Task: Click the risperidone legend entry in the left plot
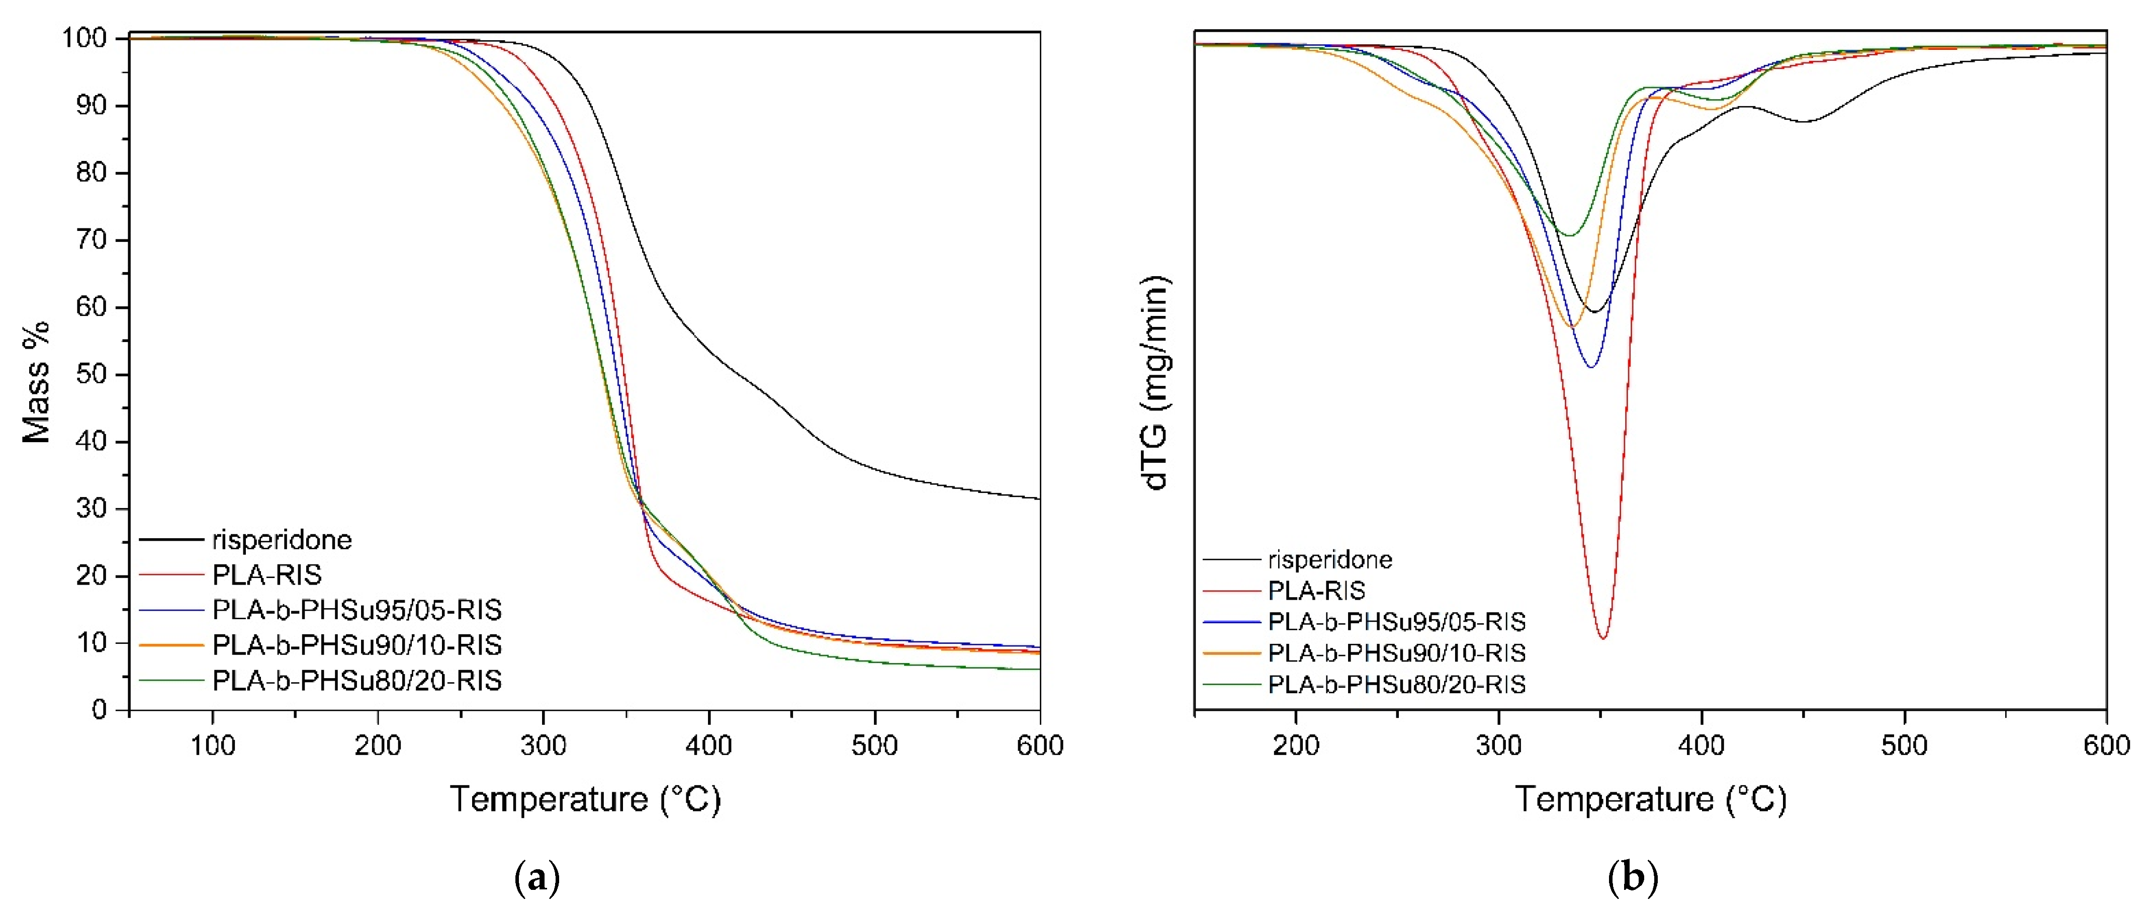282,540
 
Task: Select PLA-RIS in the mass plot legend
266,575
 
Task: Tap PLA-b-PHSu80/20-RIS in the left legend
356,681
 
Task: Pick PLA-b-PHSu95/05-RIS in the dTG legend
1396,622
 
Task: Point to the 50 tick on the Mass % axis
91,374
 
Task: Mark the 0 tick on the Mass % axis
99,710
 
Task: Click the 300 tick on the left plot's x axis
543,745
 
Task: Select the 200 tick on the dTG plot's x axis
1295,745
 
